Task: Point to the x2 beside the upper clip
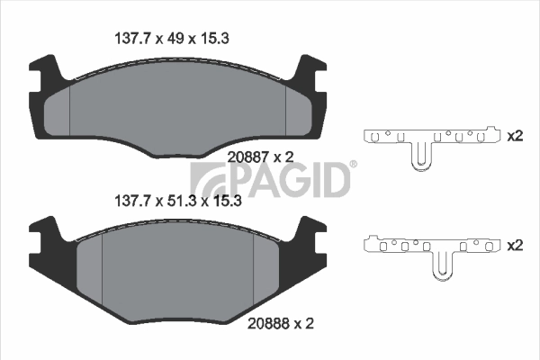tap(516, 137)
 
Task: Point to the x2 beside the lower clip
tap(516, 244)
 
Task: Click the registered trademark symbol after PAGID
tap(353, 165)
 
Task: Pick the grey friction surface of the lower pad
tap(177, 270)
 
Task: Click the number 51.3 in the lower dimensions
tap(183, 202)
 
